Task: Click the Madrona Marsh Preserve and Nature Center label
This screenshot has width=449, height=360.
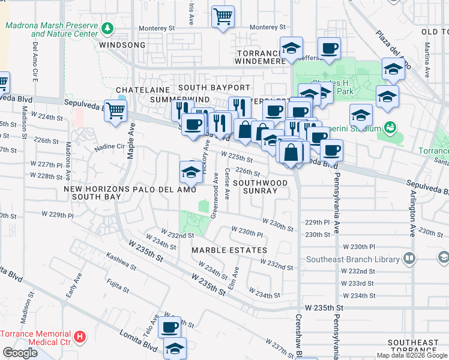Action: coord(51,30)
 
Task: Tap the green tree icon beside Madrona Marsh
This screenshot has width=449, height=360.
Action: coord(107,28)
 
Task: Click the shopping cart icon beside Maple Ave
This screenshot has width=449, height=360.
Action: coord(115,110)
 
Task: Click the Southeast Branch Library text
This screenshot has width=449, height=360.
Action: coord(352,260)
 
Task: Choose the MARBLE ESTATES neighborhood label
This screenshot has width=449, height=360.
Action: coord(229,250)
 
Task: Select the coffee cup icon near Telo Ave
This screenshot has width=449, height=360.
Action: coord(170,327)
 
